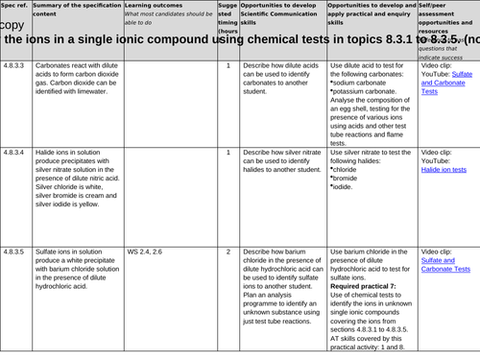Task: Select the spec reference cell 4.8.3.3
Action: point(13,65)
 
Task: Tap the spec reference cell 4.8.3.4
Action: point(13,153)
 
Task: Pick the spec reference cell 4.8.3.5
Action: point(13,252)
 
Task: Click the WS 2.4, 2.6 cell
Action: point(144,252)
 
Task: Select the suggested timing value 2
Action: point(228,252)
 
